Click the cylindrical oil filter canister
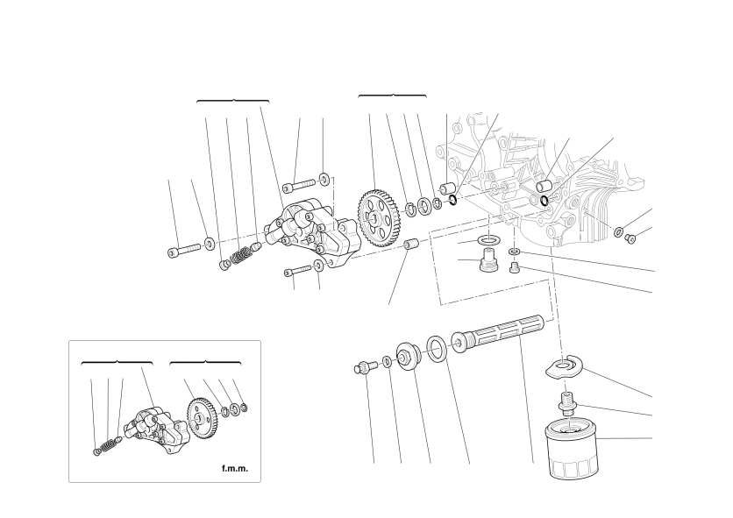tap(572, 449)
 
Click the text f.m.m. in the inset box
tap(235, 468)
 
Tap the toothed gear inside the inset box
tap(200, 418)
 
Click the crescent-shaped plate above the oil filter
tap(565, 366)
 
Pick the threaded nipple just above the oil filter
tap(568, 403)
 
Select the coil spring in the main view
tap(242, 256)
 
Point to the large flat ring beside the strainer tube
tap(437, 348)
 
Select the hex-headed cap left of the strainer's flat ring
tap(409, 357)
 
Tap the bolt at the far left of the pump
tap(184, 248)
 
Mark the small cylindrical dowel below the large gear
tap(410, 245)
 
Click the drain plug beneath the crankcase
tap(487, 259)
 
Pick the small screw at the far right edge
tap(630, 238)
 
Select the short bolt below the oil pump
tap(297, 271)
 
